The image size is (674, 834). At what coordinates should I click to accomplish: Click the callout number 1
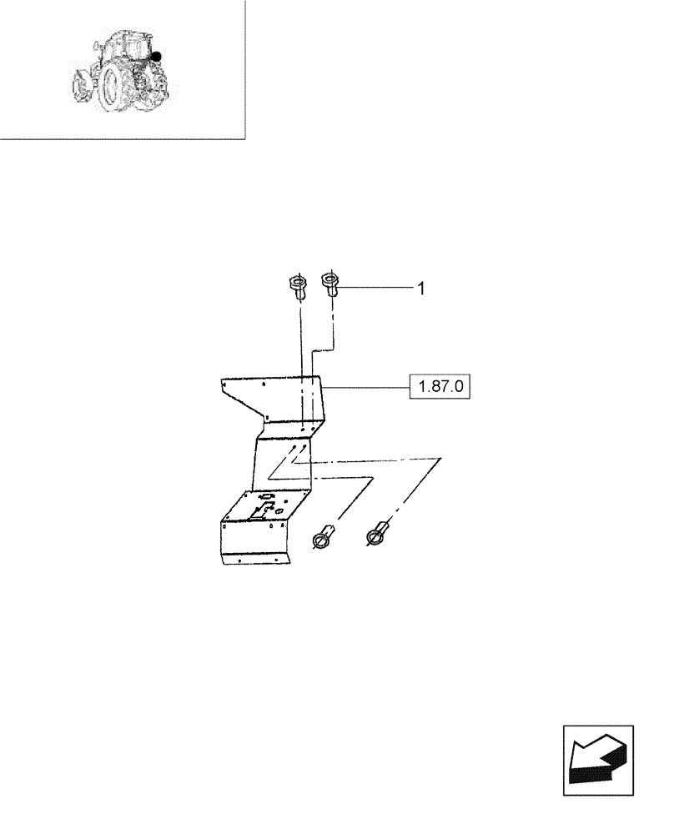(421, 289)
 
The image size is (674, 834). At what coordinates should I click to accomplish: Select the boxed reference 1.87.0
(440, 387)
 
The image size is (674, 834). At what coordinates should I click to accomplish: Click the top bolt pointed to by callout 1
(329, 285)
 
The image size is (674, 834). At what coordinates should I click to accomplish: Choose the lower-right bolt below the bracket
(379, 533)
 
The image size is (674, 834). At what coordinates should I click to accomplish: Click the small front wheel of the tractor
(81, 83)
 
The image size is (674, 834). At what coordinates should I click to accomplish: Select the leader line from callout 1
(375, 288)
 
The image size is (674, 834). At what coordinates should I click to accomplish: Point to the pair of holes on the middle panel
(298, 448)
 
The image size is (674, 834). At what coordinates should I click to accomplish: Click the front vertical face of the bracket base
(250, 542)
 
